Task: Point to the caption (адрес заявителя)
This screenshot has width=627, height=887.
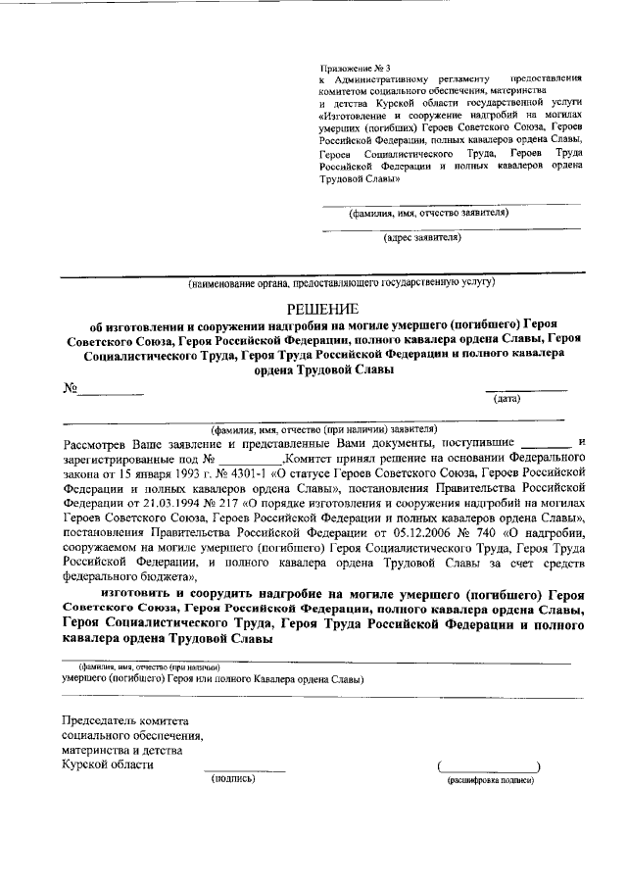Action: pyautogui.click(x=422, y=235)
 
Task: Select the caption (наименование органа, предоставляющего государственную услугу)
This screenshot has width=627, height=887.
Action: pyautogui.click(x=342, y=284)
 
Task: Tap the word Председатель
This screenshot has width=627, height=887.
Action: pyautogui.click(x=103, y=720)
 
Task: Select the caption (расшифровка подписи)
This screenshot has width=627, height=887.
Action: pyautogui.click(x=491, y=780)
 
